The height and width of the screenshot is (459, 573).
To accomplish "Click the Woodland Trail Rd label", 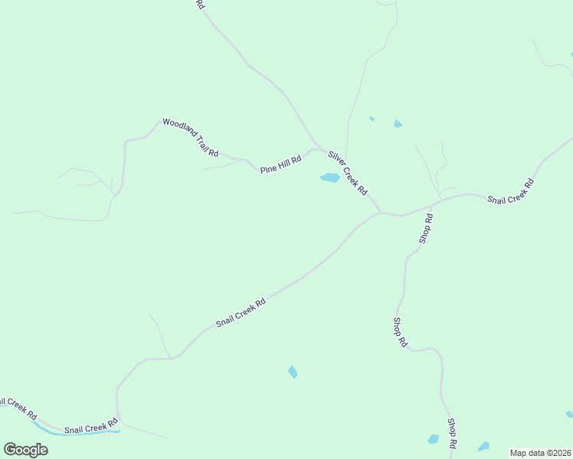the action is point(191,138).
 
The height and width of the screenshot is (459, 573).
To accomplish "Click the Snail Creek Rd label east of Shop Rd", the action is point(511,191).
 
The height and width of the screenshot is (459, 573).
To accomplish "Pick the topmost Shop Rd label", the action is point(427,229).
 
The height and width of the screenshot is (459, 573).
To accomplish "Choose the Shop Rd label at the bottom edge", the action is point(453,433).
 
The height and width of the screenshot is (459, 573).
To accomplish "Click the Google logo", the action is point(26,449).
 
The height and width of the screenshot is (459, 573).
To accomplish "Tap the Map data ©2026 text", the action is point(540,453).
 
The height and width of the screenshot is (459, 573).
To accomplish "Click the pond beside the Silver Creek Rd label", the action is point(329,178).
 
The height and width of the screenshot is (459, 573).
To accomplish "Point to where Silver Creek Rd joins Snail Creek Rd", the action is point(381,213).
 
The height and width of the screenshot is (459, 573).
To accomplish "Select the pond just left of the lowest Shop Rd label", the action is point(434,439).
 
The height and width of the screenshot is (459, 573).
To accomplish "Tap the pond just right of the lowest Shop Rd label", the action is point(483,446).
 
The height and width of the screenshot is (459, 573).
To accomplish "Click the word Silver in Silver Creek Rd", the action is point(338,161).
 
